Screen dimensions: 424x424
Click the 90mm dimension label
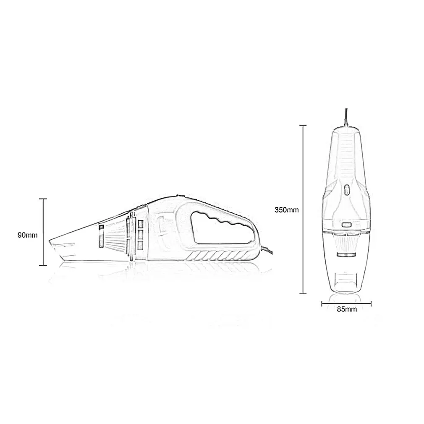click(x=28, y=235)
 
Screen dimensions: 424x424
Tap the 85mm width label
click(x=347, y=309)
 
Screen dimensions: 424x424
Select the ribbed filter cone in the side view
click(x=116, y=237)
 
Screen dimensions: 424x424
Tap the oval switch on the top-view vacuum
click(x=346, y=190)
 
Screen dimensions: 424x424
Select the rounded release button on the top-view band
click(x=346, y=225)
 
